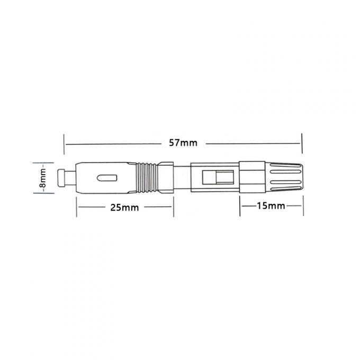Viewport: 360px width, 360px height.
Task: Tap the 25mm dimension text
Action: [124, 208]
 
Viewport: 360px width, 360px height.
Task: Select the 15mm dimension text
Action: [271, 205]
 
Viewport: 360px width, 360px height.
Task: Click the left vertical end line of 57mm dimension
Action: [64, 143]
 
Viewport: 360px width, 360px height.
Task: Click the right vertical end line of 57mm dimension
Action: [302, 143]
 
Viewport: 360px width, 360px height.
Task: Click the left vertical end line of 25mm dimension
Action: [77, 207]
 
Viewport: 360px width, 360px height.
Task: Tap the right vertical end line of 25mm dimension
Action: [173, 207]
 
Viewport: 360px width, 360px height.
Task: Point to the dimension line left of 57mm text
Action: [114, 143]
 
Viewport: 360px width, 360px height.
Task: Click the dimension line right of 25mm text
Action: [156, 207]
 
